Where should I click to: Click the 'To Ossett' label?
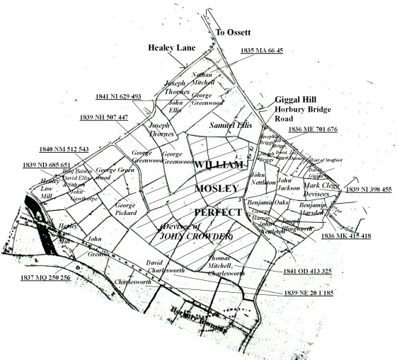point(234,33)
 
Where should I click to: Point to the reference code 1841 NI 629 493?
point(117,96)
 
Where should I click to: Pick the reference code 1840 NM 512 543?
point(64,149)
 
